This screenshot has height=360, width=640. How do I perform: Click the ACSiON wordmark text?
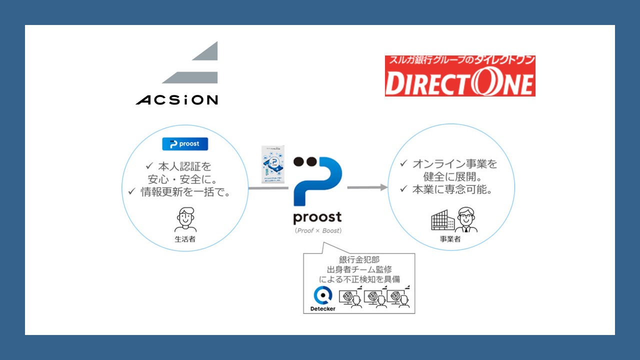tap(176, 100)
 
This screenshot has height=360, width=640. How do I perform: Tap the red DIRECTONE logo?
tap(460, 76)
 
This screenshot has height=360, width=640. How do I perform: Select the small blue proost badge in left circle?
tap(185, 144)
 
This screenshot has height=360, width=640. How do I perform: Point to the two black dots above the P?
tap(305, 161)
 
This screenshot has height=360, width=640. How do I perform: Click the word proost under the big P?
tap(317, 217)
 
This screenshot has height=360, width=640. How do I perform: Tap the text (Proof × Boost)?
tap(317, 230)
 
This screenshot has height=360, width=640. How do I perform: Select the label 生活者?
tap(185, 239)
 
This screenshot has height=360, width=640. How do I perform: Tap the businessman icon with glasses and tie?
tap(465, 220)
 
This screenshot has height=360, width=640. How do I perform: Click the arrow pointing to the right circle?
tap(367, 187)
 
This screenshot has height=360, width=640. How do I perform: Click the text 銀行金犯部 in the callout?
tap(358, 260)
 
